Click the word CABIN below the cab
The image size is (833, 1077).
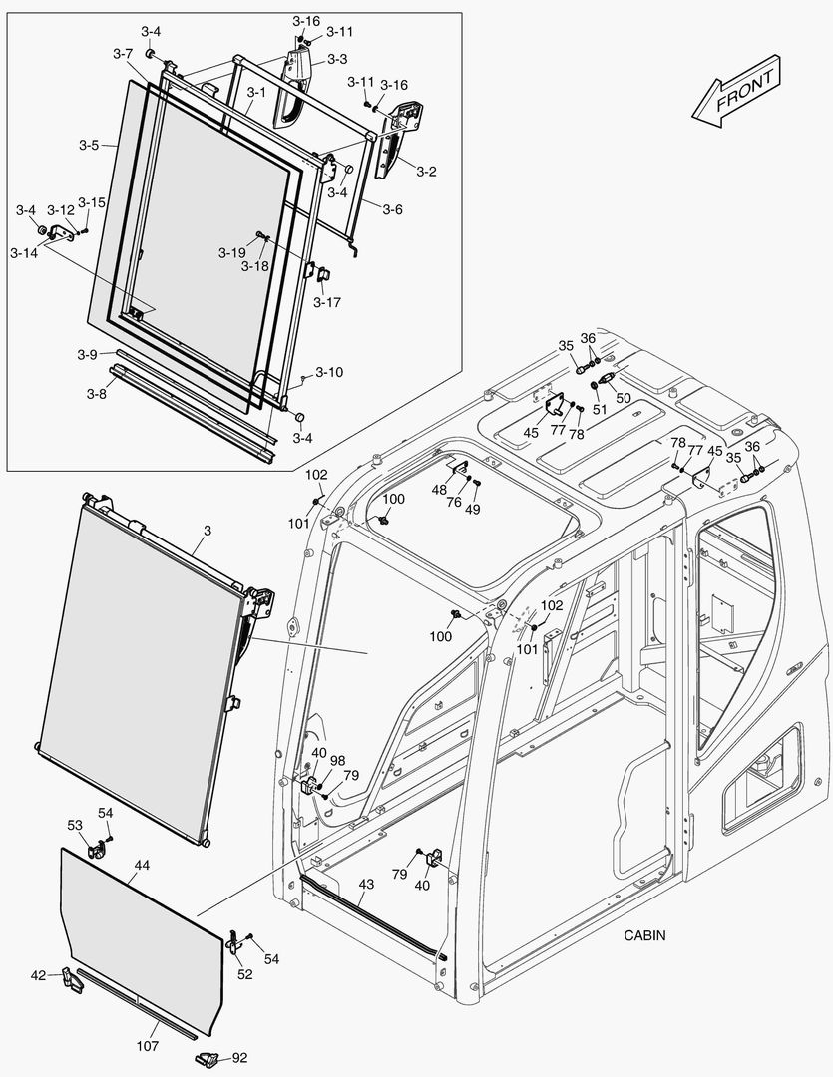(644, 935)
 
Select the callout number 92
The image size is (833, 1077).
(239, 1058)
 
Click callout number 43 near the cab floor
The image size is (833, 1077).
(366, 884)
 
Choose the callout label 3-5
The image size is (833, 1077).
(88, 145)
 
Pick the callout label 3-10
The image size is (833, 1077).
(329, 372)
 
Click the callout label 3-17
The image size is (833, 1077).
(326, 301)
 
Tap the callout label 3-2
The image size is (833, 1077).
(426, 172)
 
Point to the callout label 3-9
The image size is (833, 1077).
(87, 354)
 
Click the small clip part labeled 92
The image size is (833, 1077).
(208, 1058)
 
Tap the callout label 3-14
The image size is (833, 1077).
(23, 253)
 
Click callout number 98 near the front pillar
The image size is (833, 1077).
(337, 761)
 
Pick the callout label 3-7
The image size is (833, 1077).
(123, 52)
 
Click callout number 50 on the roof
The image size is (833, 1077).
(624, 397)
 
